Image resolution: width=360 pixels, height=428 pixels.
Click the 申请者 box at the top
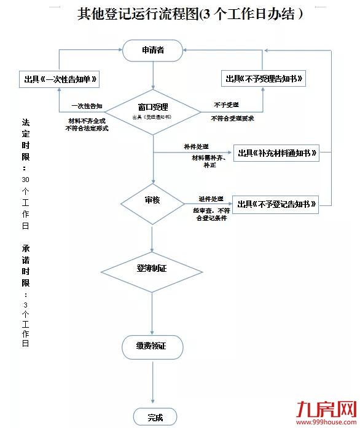tap(152, 50)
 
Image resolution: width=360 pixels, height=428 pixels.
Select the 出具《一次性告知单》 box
tap(59, 80)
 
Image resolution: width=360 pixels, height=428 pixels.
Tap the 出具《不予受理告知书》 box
tap(264, 79)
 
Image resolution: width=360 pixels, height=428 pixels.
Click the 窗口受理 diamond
tap(152, 111)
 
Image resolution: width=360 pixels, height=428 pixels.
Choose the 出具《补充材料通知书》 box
tap(276, 153)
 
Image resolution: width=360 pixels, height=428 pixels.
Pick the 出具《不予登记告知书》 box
tap(276, 204)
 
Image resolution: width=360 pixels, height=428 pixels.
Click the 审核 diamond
tap(152, 201)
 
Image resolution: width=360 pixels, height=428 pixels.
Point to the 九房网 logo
tap(326, 408)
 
